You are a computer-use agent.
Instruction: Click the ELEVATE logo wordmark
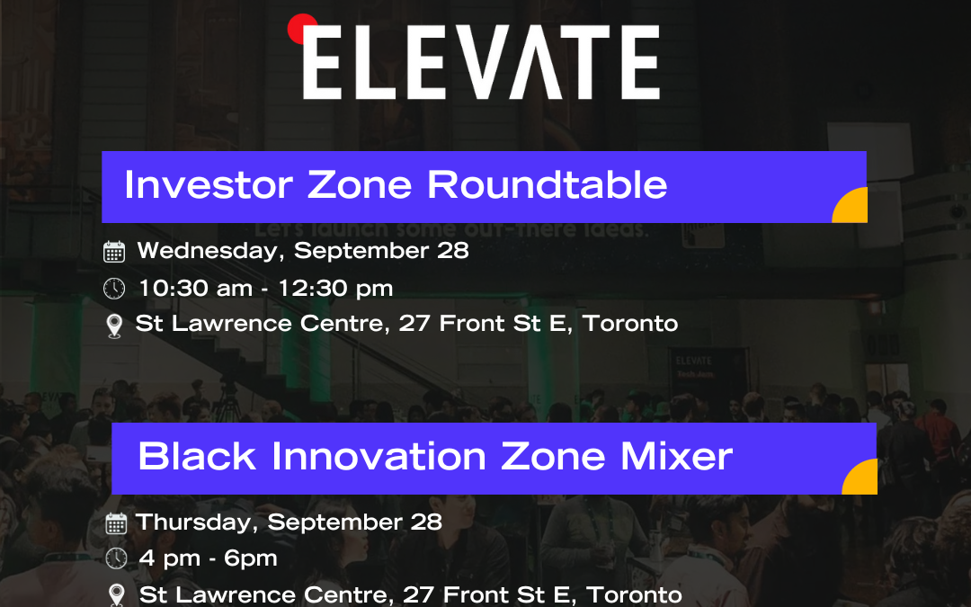click(481, 62)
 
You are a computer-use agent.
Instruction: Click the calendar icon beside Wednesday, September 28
click(114, 252)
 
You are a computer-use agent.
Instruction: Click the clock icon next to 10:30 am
click(114, 289)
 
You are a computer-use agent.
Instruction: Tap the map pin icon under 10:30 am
click(114, 326)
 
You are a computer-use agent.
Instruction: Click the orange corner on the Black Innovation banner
click(861, 478)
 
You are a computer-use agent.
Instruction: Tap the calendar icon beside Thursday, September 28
click(116, 523)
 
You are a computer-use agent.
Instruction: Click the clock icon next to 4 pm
click(116, 559)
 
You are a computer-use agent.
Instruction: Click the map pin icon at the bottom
click(116, 595)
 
